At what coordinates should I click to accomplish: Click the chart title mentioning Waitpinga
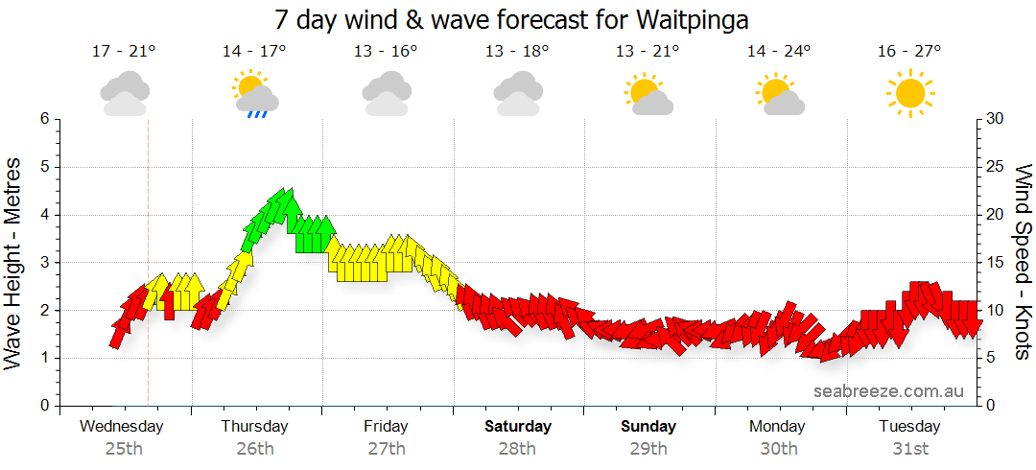point(511,19)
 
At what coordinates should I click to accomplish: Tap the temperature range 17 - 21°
point(123,52)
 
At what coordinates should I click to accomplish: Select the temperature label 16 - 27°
point(909,52)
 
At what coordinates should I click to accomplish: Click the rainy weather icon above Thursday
point(255,95)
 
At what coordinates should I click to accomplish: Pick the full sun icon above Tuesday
point(909,94)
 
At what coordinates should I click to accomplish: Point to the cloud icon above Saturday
point(518,94)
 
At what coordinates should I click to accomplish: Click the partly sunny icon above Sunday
point(648,94)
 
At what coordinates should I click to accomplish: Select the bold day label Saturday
point(518,426)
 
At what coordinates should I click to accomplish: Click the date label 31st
point(909,448)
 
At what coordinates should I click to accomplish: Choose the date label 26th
point(255,448)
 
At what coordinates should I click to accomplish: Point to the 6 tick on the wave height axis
point(43,119)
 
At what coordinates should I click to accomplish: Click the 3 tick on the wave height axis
point(43,263)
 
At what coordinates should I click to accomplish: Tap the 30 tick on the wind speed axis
point(995,119)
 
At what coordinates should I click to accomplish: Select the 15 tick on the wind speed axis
point(995,263)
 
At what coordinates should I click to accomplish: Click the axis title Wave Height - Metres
point(14,263)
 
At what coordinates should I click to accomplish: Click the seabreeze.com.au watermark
point(888,390)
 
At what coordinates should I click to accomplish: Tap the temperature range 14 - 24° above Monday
point(779,52)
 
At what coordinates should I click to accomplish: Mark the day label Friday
point(386,426)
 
